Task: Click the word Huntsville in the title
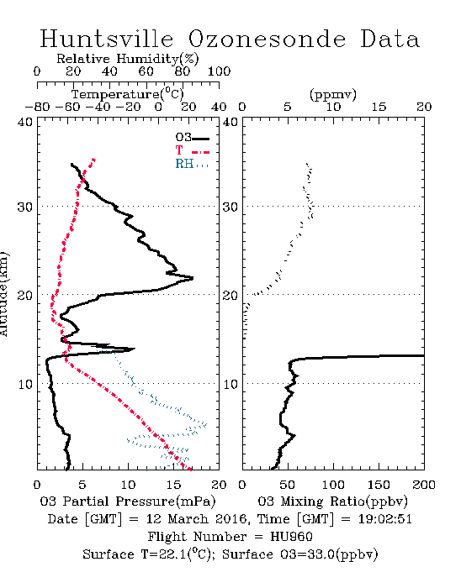(x=107, y=39)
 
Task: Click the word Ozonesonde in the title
(x=267, y=39)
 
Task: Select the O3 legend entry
(x=193, y=138)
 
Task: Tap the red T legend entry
(x=193, y=151)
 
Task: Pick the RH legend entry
(x=192, y=164)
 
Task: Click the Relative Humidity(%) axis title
(x=128, y=59)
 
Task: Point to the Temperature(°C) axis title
(x=128, y=94)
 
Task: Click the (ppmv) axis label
(x=333, y=94)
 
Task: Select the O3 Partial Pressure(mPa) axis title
(x=128, y=501)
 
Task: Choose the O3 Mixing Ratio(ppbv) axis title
(x=333, y=501)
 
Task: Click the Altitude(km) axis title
(x=3, y=294)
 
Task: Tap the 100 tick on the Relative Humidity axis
(x=219, y=71)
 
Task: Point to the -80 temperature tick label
(x=37, y=107)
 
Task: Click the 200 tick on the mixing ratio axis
(x=424, y=485)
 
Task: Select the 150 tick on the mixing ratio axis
(x=379, y=485)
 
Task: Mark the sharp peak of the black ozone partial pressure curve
(x=193, y=278)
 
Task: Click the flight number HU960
(x=292, y=537)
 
